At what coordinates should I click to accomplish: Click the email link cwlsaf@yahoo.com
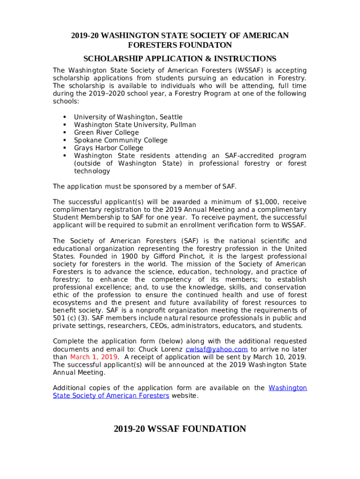216,349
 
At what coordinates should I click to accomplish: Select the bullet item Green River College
106,132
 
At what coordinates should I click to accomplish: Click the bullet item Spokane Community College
121,140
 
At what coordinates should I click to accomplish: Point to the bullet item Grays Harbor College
108,148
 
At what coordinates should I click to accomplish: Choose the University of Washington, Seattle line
128,117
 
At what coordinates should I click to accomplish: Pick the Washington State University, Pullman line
135,125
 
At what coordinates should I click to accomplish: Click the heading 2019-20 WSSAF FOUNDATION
180,429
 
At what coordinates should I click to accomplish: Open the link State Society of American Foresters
111,396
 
